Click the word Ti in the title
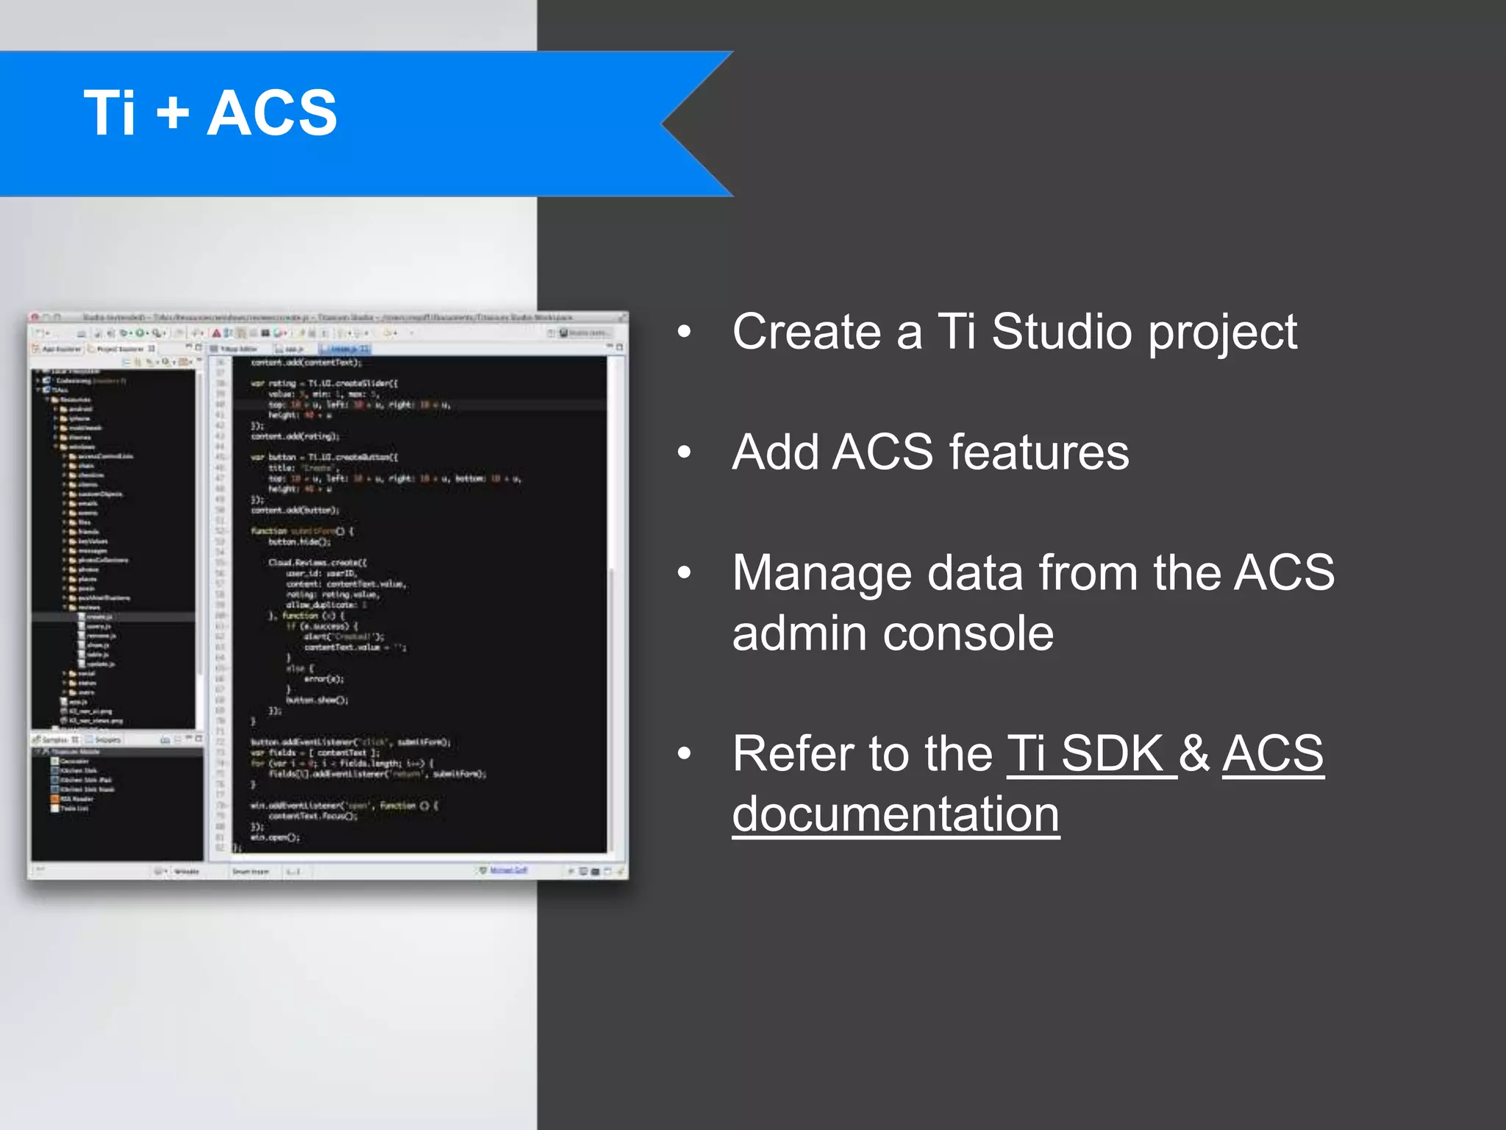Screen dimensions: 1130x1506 point(110,113)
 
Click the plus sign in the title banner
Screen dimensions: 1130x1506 point(172,113)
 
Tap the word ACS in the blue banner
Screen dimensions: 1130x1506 point(271,113)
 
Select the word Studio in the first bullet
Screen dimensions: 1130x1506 point(1061,332)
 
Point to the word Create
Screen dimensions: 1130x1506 point(805,332)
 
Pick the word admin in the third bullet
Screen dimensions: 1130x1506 point(799,634)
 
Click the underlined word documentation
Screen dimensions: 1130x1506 point(896,814)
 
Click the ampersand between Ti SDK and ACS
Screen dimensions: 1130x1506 point(1194,754)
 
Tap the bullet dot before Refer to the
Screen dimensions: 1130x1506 point(685,754)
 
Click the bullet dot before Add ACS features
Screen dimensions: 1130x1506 point(685,452)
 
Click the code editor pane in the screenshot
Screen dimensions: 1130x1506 point(419,603)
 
